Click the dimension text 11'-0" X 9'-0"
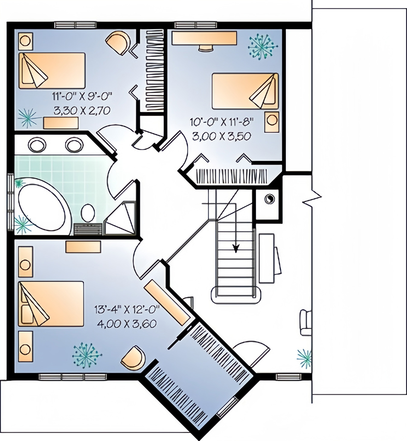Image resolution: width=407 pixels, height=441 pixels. pyautogui.click(x=82, y=97)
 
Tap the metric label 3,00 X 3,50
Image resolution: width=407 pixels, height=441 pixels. pyautogui.click(x=222, y=136)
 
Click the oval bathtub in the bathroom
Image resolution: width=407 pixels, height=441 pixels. pyautogui.click(x=44, y=206)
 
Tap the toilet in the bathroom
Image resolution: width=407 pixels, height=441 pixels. pyautogui.click(x=88, y=213)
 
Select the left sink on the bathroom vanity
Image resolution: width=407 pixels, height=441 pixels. pyautogui.click(x=37, y=145)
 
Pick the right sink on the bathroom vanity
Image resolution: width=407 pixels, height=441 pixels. pyautogui.click(x=74, y=145)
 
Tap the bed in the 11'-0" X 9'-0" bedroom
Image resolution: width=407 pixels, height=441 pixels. pyautogui.click(x=52, y=71)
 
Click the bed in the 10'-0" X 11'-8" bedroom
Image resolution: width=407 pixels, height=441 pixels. pyautogui.click(x=245, y=91)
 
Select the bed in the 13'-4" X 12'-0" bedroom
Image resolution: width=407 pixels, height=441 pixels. pyautogui.click(x=51, y=304)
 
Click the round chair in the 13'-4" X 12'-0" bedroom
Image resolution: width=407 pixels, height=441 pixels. pyautogui.click(x=133, y=358)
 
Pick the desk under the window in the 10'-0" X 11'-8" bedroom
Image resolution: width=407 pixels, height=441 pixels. pyautogui.click(x=204, y=38)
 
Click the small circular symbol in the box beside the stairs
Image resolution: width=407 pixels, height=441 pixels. pyautogui.click(x=269, y=199)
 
